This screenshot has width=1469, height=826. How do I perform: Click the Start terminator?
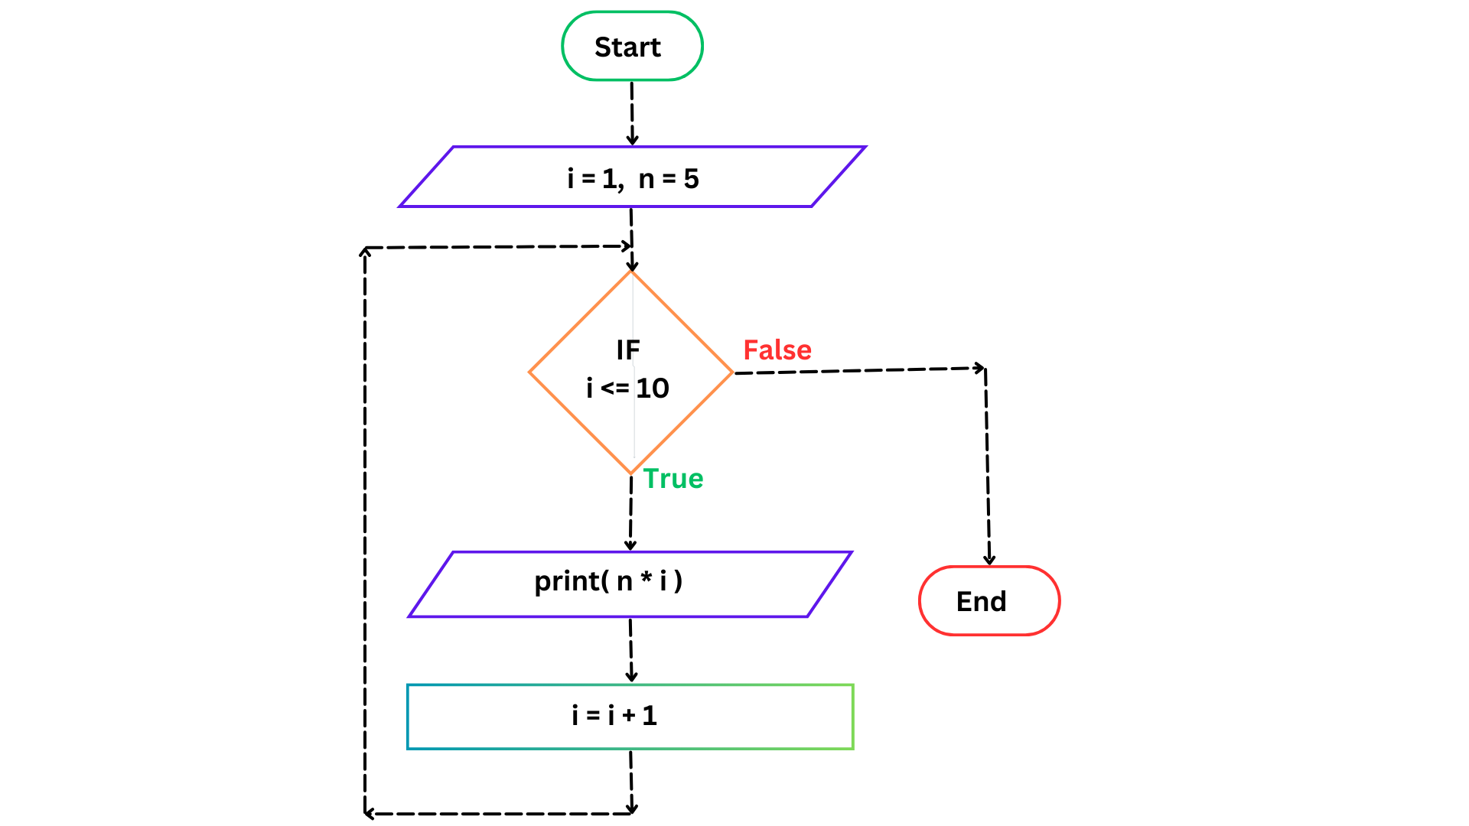[x=632, y=47]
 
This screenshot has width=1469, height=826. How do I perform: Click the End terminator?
[x=989, y=601]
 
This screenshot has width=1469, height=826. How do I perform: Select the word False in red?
[x=777, y=350]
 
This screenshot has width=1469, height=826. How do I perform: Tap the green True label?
[x=673, y=479]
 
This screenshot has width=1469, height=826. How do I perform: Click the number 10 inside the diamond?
[x=653, y=389]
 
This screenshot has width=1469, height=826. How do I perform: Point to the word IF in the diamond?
[x=628, y=350]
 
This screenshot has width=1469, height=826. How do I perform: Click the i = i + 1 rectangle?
[x=630, y=717]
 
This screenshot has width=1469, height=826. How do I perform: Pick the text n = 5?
[x=669, y=179]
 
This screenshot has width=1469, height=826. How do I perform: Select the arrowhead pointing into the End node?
[x=989, y=560]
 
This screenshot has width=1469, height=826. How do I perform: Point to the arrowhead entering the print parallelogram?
[x=630, y=545]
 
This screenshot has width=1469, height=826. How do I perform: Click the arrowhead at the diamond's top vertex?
[x=632, y=266]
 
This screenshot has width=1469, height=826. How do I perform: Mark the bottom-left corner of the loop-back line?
[x=366, y=814]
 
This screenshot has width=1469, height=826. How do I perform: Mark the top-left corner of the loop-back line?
[x=365, y=249]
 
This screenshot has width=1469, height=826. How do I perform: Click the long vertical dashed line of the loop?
[x=365, y=535]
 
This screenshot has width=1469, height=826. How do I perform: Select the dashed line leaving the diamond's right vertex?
[x=857, y=370]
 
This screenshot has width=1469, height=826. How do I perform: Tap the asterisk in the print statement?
[x=647, y=579]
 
